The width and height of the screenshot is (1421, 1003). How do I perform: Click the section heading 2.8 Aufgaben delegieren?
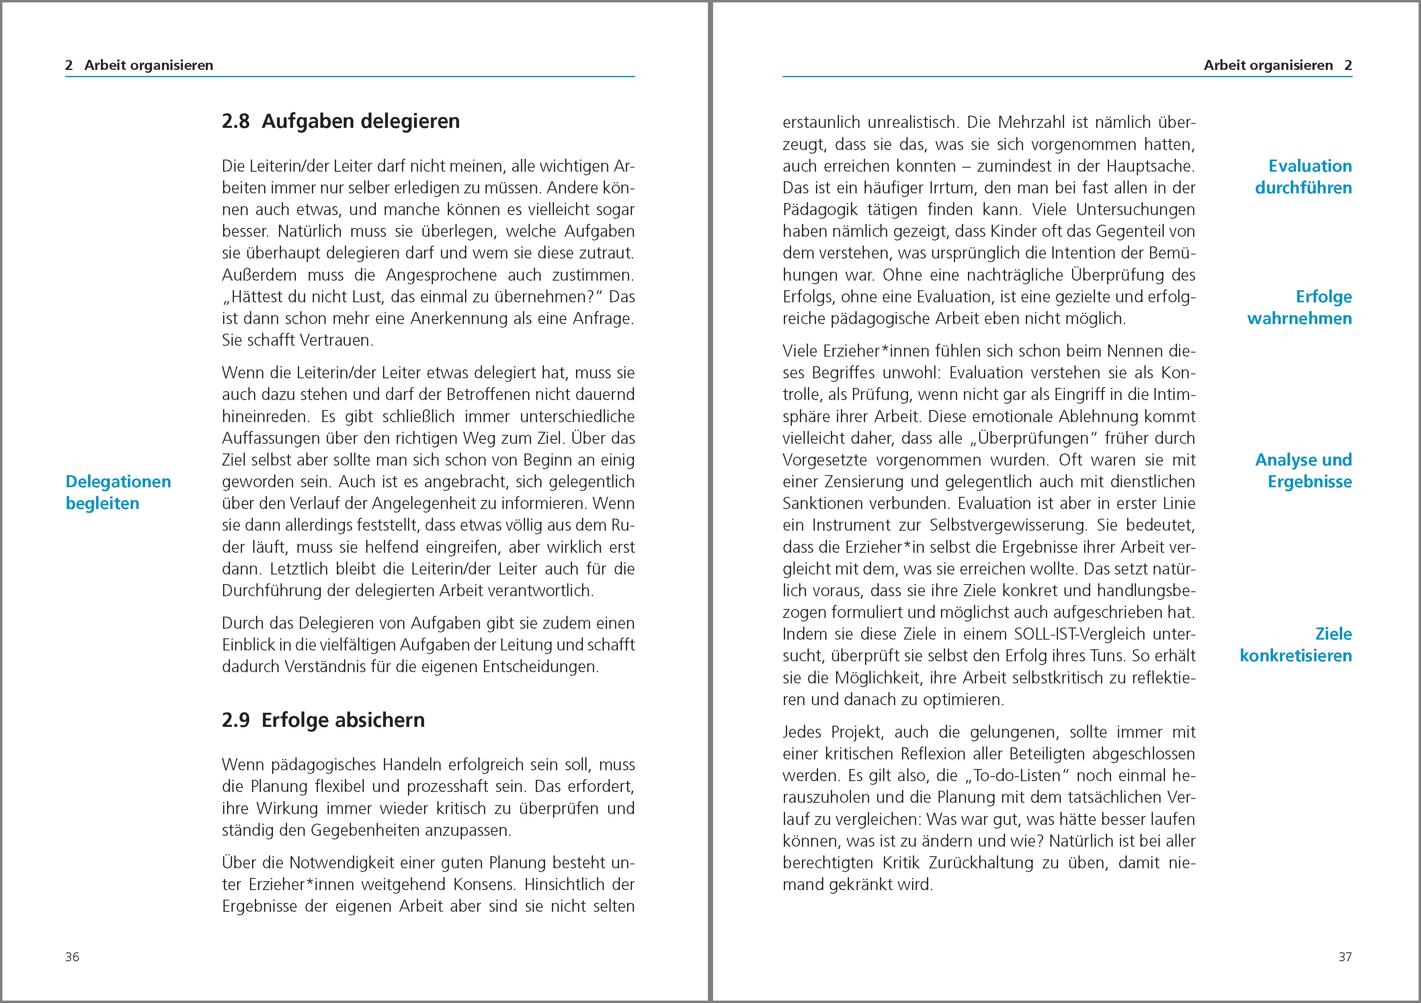(340, 121)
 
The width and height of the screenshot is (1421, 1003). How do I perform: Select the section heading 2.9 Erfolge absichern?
(323, 720)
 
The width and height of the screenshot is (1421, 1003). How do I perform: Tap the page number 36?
(72, 957)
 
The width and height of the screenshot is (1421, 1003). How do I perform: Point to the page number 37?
(1345, 957)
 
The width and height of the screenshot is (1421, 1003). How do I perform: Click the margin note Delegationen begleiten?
(118, 492)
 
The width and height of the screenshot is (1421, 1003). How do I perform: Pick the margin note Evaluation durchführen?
(1303, 177)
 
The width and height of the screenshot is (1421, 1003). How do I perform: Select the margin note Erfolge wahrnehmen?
(1300, 308)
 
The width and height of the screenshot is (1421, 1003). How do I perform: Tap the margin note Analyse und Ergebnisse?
(1303, 471)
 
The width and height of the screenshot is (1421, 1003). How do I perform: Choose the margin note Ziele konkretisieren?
(1296, 645)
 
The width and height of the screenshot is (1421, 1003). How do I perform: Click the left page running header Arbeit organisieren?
(149, 66)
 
